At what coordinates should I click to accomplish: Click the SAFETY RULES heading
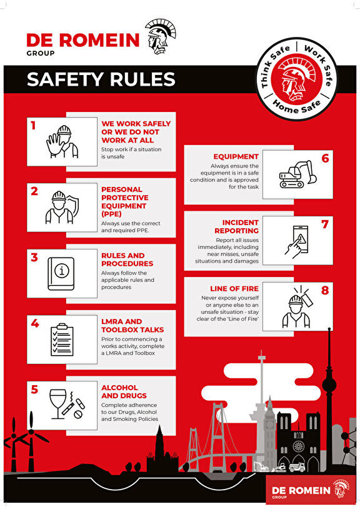tap(101, 79)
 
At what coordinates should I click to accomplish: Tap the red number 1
tap(33, 125)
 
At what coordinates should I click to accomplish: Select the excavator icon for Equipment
tap(297, 174)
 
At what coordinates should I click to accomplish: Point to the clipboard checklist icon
tap(62, 340)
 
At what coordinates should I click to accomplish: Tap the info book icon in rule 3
tap(61, 274)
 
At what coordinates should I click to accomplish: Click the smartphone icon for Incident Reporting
tap(296, 241)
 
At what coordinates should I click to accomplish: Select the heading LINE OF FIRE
tap(234, 289)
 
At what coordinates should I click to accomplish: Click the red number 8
tap(325, 290)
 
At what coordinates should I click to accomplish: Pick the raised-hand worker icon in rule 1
tap(62, 142)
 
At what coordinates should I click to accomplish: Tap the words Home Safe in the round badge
tap(296, 106)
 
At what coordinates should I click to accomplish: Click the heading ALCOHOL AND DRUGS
tap(124, 391)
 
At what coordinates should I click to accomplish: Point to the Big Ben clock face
tap(269, 423)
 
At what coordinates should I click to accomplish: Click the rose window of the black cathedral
tap(297, 446)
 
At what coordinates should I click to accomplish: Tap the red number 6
tap(325, 158)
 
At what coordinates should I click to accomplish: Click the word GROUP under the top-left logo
tap(41, 53)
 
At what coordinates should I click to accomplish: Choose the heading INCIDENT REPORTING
tap(237, 226)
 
